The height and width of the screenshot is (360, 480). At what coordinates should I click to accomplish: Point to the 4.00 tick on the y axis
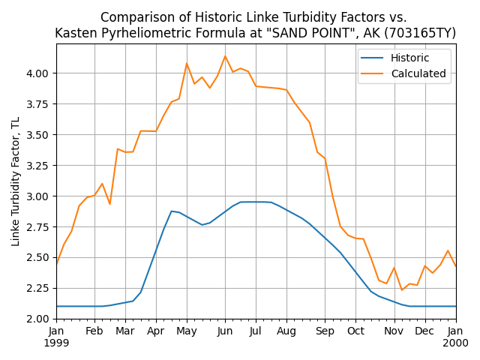pos(37,73)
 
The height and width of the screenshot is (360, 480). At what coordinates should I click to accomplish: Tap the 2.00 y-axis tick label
pos(37,319)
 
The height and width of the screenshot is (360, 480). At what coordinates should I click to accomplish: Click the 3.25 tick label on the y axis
pos(37,166)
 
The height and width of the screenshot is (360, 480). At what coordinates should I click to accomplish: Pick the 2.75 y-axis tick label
pos(37,227)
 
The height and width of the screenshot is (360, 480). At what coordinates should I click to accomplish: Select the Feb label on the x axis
pos(94,331)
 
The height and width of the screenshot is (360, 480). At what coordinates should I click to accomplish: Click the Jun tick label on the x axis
pos(225,331)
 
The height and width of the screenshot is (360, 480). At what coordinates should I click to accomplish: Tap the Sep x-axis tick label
pos(325,331)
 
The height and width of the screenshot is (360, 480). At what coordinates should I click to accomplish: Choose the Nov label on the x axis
pos(394,331)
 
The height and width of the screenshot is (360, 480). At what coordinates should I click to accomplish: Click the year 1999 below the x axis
pos(56,343)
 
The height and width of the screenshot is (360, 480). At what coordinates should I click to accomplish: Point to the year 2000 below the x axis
pos(455,343)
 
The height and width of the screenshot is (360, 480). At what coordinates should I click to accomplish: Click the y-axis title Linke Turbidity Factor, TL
pos(16,181)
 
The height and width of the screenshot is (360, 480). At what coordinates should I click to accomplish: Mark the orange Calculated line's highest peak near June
pos(225,55)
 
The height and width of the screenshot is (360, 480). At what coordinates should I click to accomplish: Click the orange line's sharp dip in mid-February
pos(109,204)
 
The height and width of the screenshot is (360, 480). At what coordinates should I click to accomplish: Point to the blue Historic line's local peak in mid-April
pos(172,211)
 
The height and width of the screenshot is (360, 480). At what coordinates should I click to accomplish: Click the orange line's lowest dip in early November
pos(401,290)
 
